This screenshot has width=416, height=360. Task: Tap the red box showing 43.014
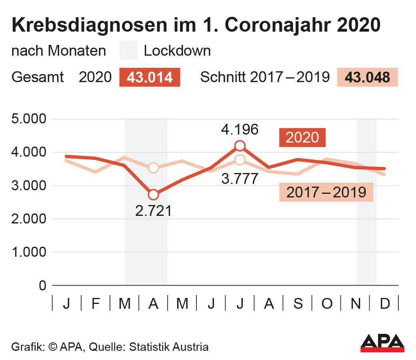coord(150,77)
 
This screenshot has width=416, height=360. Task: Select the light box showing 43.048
coord(367,77)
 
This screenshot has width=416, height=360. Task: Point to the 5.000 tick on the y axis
coord(29,119)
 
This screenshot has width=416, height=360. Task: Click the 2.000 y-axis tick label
coord(29,219)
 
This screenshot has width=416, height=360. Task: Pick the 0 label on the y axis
coord(42,286)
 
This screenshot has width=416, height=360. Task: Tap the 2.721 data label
coord(154,211)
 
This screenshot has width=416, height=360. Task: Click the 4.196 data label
coord(240,129)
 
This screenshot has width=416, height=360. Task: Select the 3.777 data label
coord(240,179)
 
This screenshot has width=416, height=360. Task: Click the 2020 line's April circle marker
coord(154,195)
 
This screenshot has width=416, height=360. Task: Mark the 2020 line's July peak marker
coord(240,145)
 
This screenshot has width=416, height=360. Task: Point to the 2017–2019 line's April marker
coord(154,168)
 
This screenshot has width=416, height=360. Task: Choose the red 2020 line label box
coord(302,138)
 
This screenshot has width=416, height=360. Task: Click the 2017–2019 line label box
coord(326,193)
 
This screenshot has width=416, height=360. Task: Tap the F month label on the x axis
coord(96,304)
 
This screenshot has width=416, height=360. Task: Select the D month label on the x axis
coord(384,304)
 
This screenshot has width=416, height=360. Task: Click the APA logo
coord(382,343)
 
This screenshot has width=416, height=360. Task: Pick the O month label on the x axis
coord(327,304)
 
